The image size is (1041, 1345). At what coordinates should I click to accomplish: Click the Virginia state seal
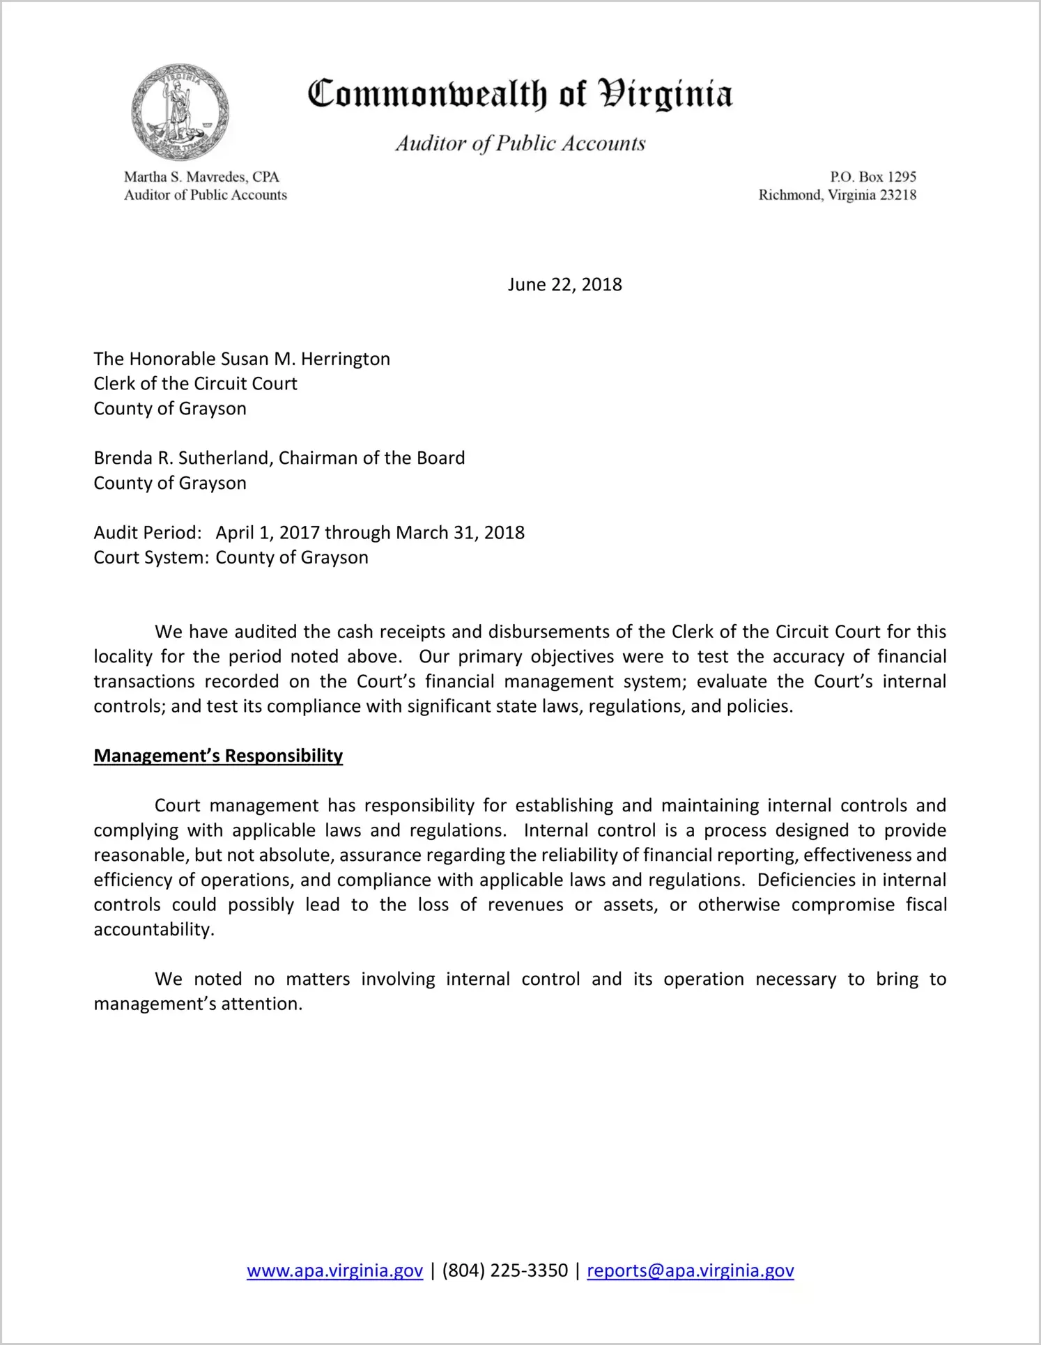[x=180, y=113]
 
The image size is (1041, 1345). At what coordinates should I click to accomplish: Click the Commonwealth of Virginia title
[x=520, y=94]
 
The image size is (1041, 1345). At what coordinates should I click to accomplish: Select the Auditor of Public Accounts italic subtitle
[x=520, y=143]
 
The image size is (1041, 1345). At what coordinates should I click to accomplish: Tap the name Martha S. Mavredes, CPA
[x=201, y=177]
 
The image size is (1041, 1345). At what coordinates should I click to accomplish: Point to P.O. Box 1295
[x=872, y=177]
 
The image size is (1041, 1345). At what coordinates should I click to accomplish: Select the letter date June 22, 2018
[x=564, y=285]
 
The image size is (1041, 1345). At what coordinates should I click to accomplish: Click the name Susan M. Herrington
[x=305, y=359]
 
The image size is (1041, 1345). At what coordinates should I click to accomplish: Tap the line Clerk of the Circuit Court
[x=196, y=384]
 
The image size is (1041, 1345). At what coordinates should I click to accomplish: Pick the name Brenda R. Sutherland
[x=183, y=458]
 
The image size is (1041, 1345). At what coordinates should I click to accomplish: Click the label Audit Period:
[x=148, y=533]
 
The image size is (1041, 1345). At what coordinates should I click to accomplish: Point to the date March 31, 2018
[x=460, y=533]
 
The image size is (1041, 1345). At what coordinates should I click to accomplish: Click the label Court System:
[x=151, y=558]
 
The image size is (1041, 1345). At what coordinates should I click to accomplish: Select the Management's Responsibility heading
[x=218, y=756]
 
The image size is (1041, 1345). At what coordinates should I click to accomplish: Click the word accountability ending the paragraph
[x=153, y=930]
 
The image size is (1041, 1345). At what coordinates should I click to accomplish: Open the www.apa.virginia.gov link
[x=334, y=1270]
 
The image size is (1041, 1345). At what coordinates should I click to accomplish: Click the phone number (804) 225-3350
[x=504, y=1270]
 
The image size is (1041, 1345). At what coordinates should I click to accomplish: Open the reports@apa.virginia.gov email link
[x=690, y=1270]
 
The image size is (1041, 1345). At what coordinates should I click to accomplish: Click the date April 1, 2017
[x=268, y=533]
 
